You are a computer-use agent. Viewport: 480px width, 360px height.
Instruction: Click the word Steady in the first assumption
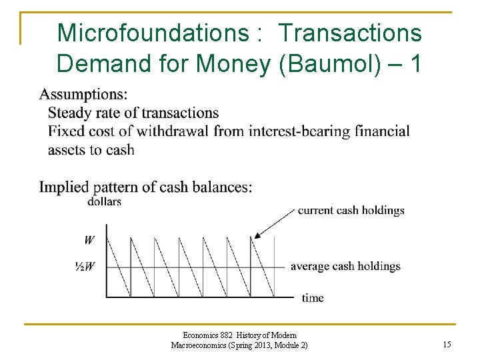click(x=69, y=113)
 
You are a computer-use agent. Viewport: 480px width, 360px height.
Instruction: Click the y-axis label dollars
click(x=104, y=201)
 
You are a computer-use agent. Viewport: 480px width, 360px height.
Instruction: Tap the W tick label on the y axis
click(x=89, y=239)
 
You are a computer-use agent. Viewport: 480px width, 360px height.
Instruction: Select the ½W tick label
click(x=85, y=267)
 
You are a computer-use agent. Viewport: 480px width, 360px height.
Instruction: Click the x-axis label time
click(x=312, y=298)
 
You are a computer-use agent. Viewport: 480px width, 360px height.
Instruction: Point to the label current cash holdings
click(x=351, y=210)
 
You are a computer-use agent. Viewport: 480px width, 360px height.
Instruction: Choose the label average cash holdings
click(x=345, y=267)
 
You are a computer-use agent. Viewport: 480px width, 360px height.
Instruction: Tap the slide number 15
click(x=447, y=345)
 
